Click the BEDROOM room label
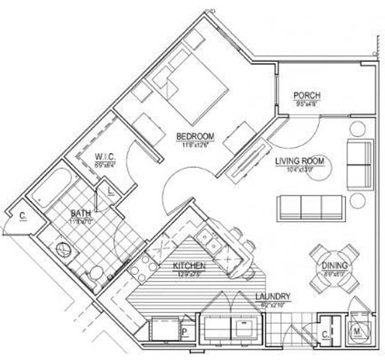pos(195,136)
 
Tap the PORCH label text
pos(307,96)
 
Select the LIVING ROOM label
pos(298,160)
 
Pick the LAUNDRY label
pos(272,296)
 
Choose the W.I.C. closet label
pos(104,157)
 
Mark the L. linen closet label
pos(110,191)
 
